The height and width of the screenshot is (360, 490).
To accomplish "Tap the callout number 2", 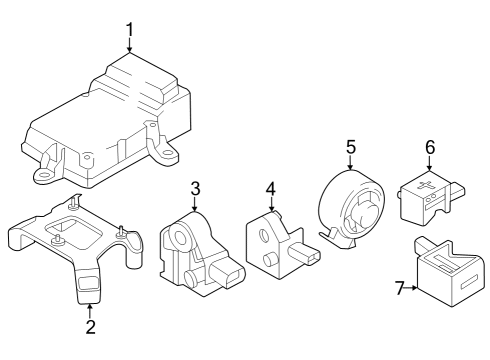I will (90, 325).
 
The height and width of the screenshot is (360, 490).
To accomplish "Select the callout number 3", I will (196, 188).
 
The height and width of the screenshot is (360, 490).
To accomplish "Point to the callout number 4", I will (270, 188).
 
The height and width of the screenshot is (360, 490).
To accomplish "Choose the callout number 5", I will (351, 147).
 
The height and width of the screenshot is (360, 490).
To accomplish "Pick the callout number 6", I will (430, 147).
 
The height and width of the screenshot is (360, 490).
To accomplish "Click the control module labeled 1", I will (110, 125).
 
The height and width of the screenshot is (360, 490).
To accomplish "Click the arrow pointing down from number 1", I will (129, 50).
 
